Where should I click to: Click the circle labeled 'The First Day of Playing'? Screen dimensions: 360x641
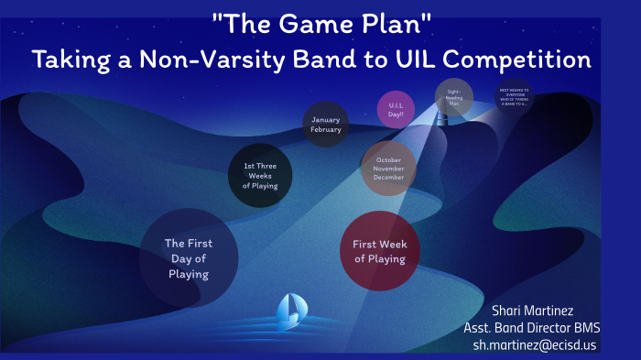click(x=188, y=257)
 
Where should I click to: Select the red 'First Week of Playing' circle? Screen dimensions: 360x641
click(x=380, y=251)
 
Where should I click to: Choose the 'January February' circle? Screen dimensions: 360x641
click(x=326, y=125)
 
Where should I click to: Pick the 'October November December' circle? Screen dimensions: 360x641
click(x=389, y=168)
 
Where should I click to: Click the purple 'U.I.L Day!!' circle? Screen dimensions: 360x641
click(x=397, y=109)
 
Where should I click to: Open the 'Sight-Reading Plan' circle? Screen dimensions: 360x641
click(x=454, y=97)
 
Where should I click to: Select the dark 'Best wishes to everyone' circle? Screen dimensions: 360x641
click(x=515, y=96)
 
